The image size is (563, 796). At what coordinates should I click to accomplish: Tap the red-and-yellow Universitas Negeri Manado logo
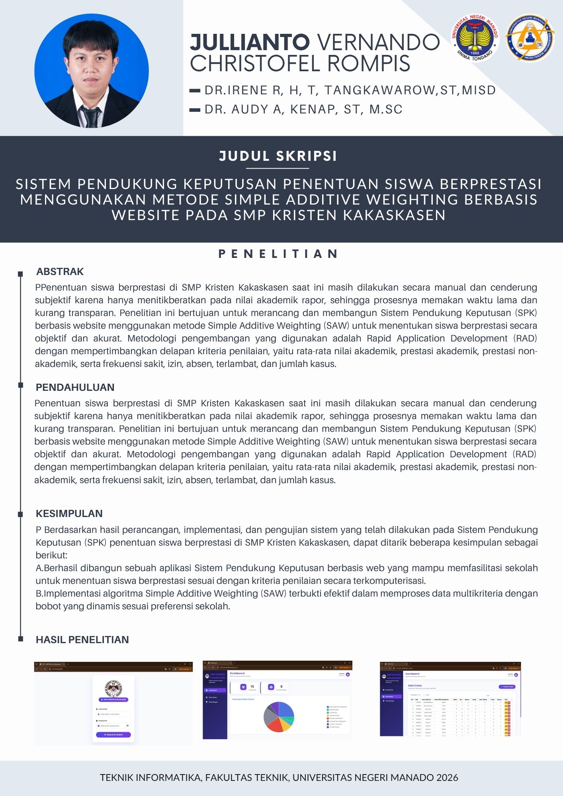coord(475,38)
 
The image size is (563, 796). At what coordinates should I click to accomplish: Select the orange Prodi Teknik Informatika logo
coord(530,38)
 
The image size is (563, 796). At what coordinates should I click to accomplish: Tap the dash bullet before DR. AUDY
coord(195,110)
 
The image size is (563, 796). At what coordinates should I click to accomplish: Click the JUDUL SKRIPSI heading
coord(278,156)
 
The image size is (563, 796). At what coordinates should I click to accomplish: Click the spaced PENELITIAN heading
coord(278,254)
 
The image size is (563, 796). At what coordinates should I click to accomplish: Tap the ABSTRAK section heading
coord(60,272)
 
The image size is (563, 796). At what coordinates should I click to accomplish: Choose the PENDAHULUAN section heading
coord(75,387)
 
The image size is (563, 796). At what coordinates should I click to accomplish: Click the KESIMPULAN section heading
coord(69,513)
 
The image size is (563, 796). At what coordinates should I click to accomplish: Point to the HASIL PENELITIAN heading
coord(82,640)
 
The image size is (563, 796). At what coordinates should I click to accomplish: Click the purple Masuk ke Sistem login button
coord(113,735)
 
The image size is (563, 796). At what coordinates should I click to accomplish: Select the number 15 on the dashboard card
coord(252,687)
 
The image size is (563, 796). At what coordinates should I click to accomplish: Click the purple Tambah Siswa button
coord(507,687)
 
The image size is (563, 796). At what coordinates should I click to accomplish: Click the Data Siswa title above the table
coord(415,686)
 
